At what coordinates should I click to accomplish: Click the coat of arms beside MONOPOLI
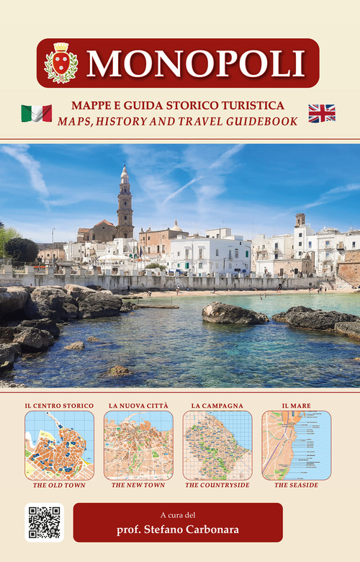[60, 63]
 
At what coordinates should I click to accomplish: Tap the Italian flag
[36, 113]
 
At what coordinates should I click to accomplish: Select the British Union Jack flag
[322, 113]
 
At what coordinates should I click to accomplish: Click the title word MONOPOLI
[194, 63]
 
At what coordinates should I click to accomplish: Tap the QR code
[44, 522]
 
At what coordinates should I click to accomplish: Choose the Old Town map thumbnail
[59, 445]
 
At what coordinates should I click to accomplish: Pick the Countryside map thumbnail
[217, 445]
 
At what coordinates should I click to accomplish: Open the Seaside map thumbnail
[296, 445]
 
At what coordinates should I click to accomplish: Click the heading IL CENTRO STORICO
[59, 406]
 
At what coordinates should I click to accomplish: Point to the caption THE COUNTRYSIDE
[217, 486]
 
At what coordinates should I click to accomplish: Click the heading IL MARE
[296, 406]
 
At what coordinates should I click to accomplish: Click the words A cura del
[178, 514]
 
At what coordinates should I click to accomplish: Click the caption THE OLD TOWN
[59, 486]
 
